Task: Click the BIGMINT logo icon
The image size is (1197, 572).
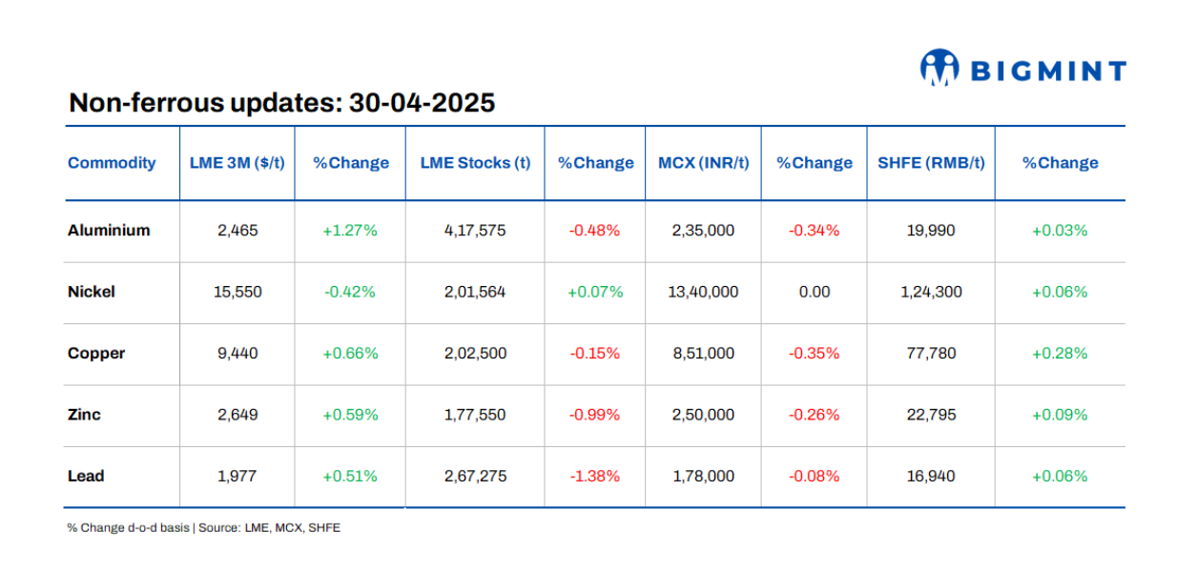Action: coord(939,69)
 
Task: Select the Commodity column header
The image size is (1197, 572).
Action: coord(112,163)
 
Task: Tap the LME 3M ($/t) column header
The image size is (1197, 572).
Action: coord(237,163)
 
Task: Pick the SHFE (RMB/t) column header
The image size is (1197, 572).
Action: coord(930,163)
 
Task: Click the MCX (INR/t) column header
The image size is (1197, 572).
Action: coord(703,163)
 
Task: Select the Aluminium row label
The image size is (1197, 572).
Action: coord(109,231)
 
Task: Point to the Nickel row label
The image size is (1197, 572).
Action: coord(92,292)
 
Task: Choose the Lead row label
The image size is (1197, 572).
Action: coord(86,477)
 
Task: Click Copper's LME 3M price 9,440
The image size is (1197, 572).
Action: coord(237,354)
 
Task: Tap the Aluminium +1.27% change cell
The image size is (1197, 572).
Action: coord(350,231)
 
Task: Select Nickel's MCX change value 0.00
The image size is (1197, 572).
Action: coord(814,292)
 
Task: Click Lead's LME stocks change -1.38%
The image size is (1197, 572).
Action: coord(595,477)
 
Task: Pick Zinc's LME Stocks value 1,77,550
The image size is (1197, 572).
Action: coord(475,415)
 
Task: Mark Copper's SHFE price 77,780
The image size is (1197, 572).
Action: coord(930,354)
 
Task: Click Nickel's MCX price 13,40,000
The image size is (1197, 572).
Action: coord(703,292)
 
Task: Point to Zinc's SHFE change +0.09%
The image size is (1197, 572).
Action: coord(1059,415)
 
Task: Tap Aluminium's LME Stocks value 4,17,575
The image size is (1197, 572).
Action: coord(475,231)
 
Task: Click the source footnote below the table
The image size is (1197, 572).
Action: coord(203,527)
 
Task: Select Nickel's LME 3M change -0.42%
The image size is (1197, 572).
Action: coord(350,292)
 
